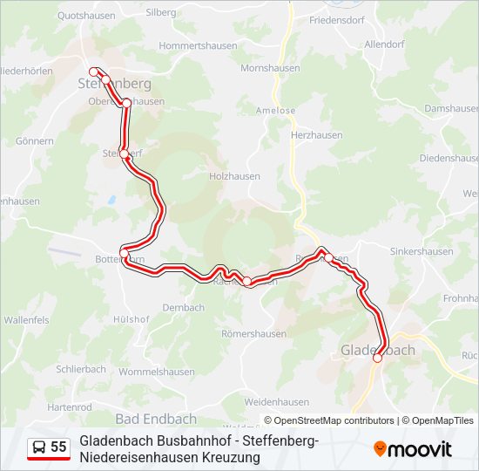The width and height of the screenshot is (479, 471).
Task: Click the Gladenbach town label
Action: (377, 351)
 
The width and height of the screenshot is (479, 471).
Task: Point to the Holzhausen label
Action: (235, 175)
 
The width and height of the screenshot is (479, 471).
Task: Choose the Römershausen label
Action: (254, 333)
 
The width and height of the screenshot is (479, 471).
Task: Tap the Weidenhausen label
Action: (277, 402)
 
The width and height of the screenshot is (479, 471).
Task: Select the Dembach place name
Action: (183, 307)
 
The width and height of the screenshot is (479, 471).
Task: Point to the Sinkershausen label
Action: (422, 251)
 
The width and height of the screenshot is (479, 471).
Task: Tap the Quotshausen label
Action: (85, 15)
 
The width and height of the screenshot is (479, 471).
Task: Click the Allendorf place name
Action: (385, 44)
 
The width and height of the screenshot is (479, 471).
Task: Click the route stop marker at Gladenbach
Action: (377, 357)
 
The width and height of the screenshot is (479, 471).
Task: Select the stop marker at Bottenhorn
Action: (124, 254)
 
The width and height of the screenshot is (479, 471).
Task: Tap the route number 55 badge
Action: (58, 447)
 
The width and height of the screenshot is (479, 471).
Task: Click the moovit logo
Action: (413, 449)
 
